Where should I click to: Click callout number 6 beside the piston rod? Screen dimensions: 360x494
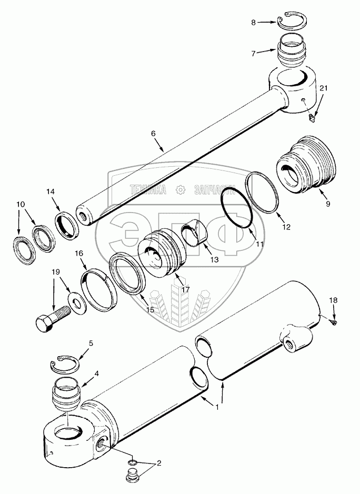click(x=153, y=134)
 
